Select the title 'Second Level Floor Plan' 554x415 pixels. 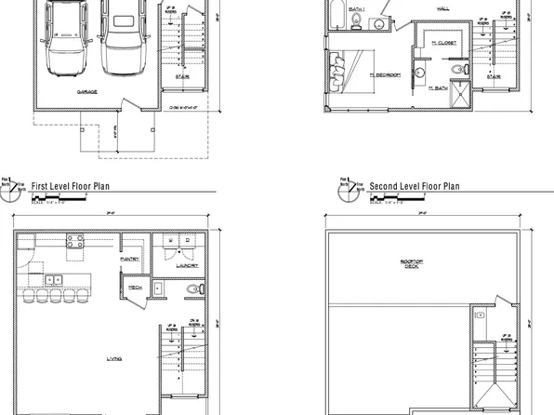[x=415, y=186]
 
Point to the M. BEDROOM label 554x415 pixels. [x=383, y=74]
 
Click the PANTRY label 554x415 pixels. [x=130, y=260]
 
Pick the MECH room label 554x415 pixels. [x=134, y=288]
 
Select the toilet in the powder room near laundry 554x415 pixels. [x=193, y=289]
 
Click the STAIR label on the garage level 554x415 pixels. [x=182, y=77]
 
